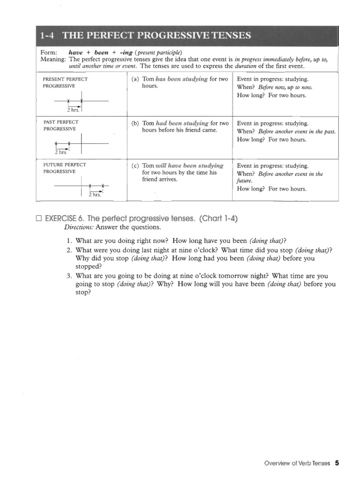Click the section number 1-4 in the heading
[49, 36]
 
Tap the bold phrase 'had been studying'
[182, 123]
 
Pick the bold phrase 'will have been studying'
[189, 165]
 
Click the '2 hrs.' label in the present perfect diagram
[73, 110]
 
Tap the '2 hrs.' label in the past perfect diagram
[61, 152]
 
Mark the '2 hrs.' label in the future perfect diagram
[95, 195]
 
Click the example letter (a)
[135, 79]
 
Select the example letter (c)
[135, 165]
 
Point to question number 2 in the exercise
[69, 250]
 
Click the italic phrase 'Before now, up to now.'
[285, 87]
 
